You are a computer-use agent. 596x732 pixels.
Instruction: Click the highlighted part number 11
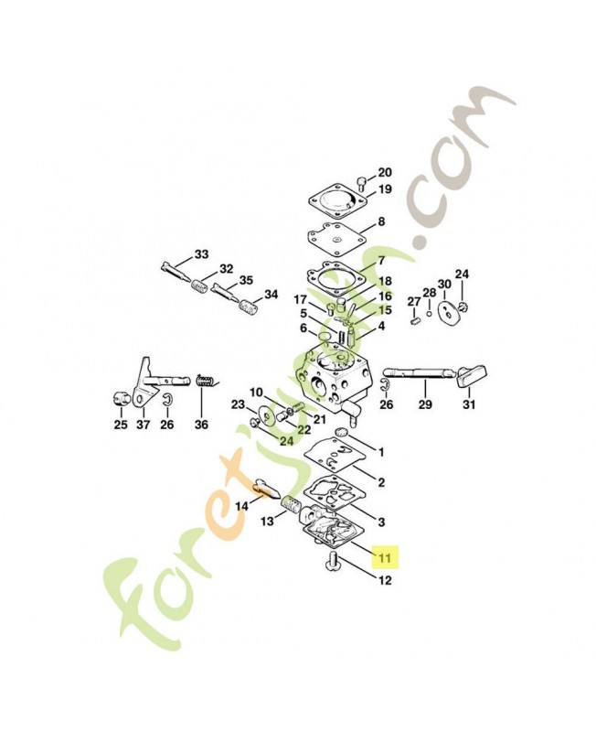(385, 557)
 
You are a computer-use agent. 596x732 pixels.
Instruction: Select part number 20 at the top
(385, 173)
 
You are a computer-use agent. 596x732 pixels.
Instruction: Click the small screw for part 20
(360, 182)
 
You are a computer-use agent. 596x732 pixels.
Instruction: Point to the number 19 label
(385, 189)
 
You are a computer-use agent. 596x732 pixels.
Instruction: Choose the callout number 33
(201, 254)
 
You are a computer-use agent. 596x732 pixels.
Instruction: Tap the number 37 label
(144, 425)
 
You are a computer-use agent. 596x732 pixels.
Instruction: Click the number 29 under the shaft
(425, 404)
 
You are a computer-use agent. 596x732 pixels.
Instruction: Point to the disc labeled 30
(449, 312)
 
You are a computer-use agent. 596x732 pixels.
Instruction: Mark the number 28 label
(430, 293)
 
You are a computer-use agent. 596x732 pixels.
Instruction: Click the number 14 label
(242, 506)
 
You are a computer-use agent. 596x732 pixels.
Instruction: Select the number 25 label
(121, 425)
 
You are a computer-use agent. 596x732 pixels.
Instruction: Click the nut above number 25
(121, 399)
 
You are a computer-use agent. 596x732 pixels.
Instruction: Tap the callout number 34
(271, 295)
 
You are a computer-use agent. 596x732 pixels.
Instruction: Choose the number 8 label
(381, 221)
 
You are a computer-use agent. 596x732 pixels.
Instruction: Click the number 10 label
(256, 393)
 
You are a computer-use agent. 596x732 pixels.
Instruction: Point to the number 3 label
(381, 522)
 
